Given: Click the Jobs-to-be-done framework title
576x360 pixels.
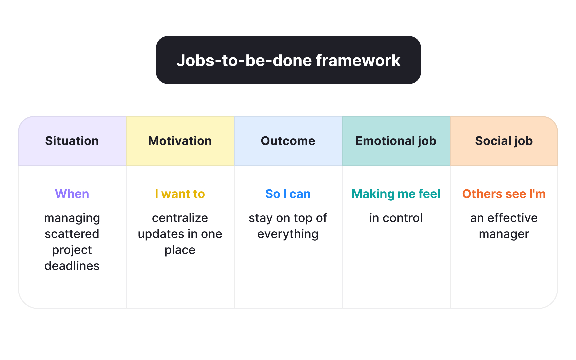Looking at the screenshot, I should [288, 60].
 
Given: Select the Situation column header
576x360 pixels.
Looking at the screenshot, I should [72, 141].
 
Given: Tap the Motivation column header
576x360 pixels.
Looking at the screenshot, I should [180, 141].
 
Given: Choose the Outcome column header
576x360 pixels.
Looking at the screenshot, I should [288, 141].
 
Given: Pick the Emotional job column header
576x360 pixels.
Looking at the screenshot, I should [396, 141].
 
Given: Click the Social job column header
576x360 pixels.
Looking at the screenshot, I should [504, 141].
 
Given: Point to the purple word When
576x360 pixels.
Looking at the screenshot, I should [72, 194].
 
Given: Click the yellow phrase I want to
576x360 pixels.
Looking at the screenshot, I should [180, 194].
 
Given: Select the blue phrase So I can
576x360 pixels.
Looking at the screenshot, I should [288, 194].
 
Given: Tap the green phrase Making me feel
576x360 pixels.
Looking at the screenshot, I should [396, 194].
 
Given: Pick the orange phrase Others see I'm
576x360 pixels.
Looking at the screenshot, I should [504, 194].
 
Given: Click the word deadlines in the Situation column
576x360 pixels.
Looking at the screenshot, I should [72, 266].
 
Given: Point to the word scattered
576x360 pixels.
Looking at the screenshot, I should [72, 234].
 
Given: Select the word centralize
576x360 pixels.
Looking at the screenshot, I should [180, 218].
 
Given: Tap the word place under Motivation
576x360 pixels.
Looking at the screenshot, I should [180, 250].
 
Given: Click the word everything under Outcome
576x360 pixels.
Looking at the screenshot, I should [288, 234].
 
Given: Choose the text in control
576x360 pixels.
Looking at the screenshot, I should [396, 218].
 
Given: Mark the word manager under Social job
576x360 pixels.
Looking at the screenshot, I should [504, 234].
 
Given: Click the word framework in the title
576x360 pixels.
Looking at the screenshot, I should [358, 60].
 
